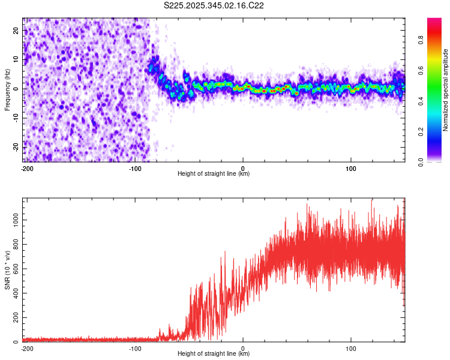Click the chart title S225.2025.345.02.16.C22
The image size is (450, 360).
tap(214, 5)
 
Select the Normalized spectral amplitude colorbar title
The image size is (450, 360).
tap(446, 90)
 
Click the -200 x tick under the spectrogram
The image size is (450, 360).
tap(26, 167)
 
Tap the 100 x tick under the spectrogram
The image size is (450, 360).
tap(351, 167)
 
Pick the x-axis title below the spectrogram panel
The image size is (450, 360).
tap(214, 174)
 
